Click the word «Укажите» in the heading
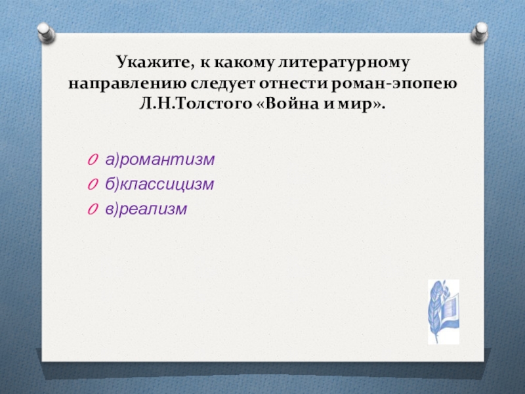point(155,62)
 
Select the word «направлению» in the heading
point(127,84)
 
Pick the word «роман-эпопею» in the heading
point(393,84)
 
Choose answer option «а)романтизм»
point(159,160)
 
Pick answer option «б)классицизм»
point(159,185)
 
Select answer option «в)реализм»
point(146,209)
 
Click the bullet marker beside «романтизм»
point(93,160)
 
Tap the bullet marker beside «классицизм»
point(93,185)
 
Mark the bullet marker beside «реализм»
point(93,209)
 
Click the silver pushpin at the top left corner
point(46,33)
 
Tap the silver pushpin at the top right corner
point(480,32)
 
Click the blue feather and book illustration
point(444,312)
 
